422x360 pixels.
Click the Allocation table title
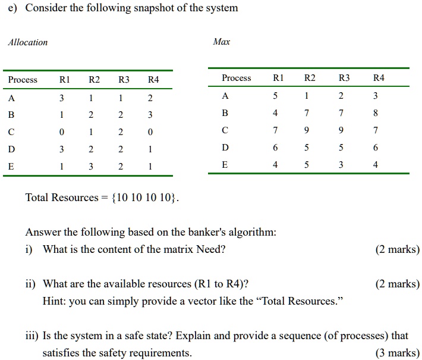pyautogui.click(x=28, y=42)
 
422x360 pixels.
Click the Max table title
pyautogui.click(x=222, y=42)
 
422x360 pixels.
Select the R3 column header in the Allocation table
pyautogui.click(x=124, y=80)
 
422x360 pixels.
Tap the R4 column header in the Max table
pyautogui.click(x=379, y=77)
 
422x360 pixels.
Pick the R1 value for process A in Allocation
pyautogui.click(x=62, y=98)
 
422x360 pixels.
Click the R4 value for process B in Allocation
pyautogui.click(x=150, y=115)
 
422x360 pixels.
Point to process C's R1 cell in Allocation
pyautogui.click(x=62, y=132)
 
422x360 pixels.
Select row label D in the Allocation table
pyautogui.click(x=11, y=149)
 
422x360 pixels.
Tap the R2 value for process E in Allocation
pyautogui.click(x=91, y=166)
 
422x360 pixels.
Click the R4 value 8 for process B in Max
pyautogui.click(x=376, y=113)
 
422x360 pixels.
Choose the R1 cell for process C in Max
pyautogui.click(x=275, y=130)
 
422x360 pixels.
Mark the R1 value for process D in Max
pyautogui.click(x=275, y=148)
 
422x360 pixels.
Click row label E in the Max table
pyautogui.click(x=225, y=164)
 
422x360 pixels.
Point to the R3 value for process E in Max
pyautogui.click(x=341, y=165)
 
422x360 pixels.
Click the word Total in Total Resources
pyautogui.click(x=37, y=198)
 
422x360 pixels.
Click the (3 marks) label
pyautogui.click(x=398, y=353)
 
